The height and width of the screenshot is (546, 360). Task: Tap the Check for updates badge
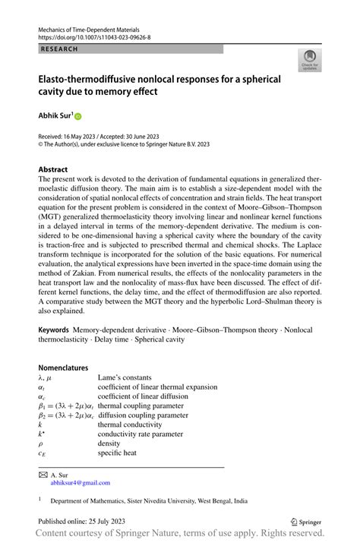pos(309,62)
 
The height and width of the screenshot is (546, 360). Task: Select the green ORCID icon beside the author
pos(77,117)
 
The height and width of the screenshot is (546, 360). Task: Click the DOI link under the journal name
pos(93,36)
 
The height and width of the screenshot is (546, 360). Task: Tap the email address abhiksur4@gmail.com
pos(80,481)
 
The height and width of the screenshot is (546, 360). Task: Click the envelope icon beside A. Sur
pos(43,473)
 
